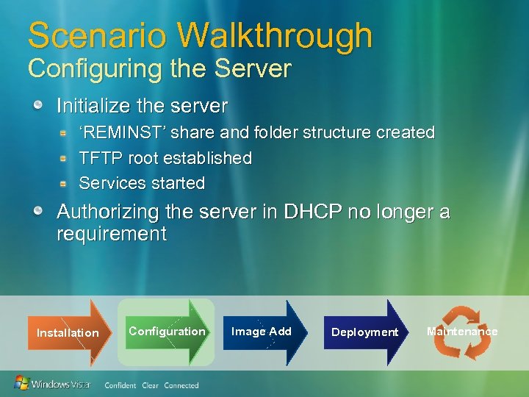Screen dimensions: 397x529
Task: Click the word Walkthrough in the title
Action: [275, 35]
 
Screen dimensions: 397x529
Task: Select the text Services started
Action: [142, 183]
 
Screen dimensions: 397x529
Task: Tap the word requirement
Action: [112, 235]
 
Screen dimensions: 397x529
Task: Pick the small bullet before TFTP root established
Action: [65, 158]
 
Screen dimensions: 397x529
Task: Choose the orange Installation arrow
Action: [68, 332]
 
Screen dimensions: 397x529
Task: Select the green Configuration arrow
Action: [168, 332]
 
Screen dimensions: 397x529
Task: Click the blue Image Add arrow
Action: [262, 332]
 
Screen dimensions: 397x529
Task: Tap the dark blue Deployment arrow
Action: [364, 332]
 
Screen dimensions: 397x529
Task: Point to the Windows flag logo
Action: [22, 383]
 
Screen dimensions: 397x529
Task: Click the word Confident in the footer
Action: [120, 385]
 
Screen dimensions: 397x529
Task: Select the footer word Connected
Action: [181, 385]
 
